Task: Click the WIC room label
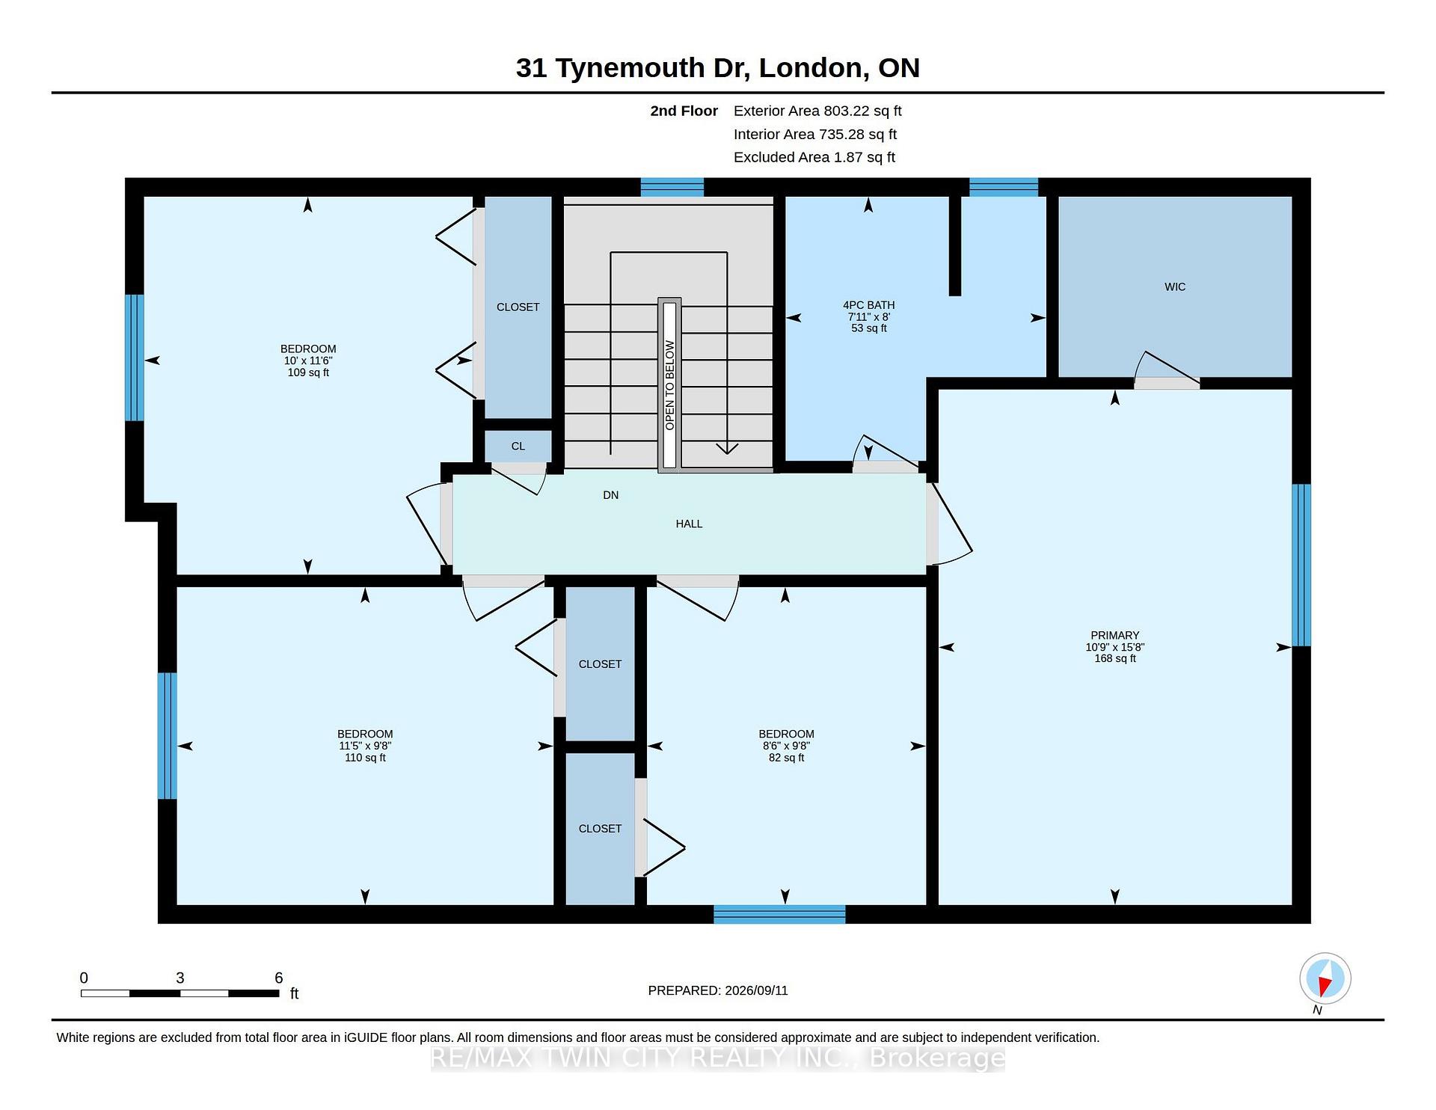point(1175,287)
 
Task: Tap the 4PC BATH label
point(868,305)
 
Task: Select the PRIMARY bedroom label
point(1114,636)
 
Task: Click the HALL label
point(689,524)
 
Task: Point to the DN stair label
point(610,495)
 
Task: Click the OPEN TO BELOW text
point(669,385)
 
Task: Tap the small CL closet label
point(518,447)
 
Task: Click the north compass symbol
point(1325,978)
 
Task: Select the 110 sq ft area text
point(365,758)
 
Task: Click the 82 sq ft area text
point(786,758)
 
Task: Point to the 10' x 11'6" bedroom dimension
point(307,361)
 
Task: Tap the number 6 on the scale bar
point(279,978)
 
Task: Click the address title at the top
point(718,68)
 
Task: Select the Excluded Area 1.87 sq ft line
point(814,157)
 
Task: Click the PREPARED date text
point(718,990)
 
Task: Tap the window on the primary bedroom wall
point(1301,565)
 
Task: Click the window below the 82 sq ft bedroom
point(779,914)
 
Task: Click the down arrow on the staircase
point(727,450)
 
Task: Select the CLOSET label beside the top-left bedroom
point(518,307)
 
